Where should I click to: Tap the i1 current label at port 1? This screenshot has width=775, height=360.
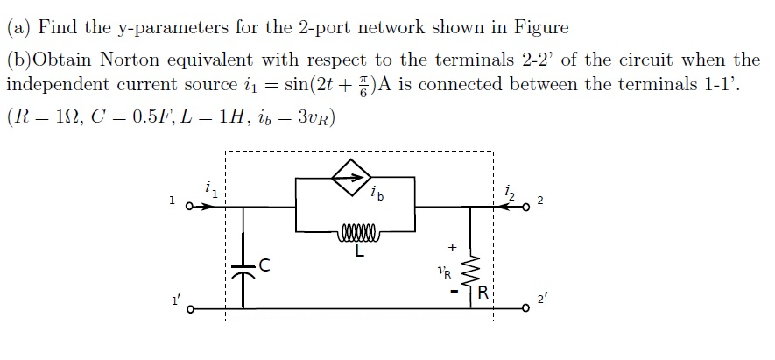(x=208, y=190)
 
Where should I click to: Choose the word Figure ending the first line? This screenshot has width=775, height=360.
(x=540, y=27)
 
